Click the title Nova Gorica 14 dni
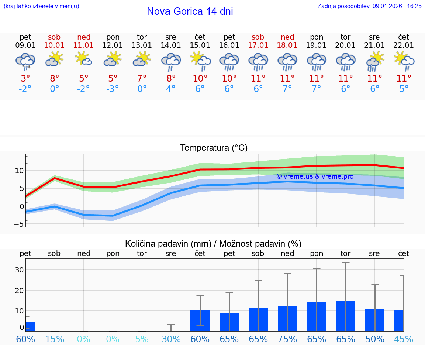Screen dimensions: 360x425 (x=190, y=11)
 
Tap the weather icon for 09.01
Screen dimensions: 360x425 (x=25, y=61)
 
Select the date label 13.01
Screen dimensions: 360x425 (x=142, y=45)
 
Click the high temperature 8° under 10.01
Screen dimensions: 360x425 (x=55, y=78)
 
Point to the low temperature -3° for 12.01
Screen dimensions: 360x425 (x=113, y=89)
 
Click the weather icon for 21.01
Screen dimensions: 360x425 (x=375, y=61)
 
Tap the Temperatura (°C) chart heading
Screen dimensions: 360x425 (x=214, y=148)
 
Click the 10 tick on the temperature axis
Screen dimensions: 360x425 (x=19, y=171)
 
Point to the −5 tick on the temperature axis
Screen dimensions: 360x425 (x=19, y=224)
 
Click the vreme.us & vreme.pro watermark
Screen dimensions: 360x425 (x=315, y=176)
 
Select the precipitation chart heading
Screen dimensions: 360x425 (x=213, y=244)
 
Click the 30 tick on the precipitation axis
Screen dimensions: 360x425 (x=19, y=270)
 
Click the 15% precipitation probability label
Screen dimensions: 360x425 (x=55, y=339)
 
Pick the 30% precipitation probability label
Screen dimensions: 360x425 (x=171, y=339)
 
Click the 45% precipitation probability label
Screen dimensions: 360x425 (x=403, y=339)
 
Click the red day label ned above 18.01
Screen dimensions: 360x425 (x=287, y=37)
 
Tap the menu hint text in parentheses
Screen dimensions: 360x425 (x=41, y=6)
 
